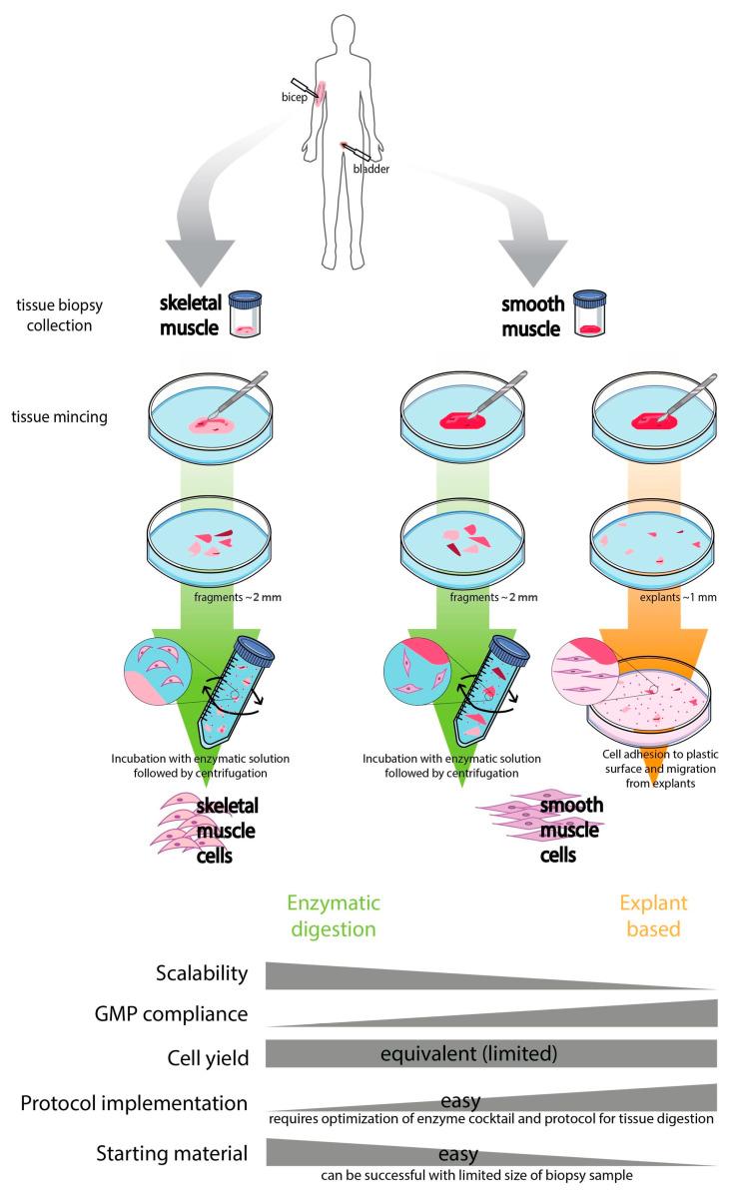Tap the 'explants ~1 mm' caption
pyautogui.click(x=645, y=596)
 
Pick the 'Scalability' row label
pyautogui.click(x=199, y=972)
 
